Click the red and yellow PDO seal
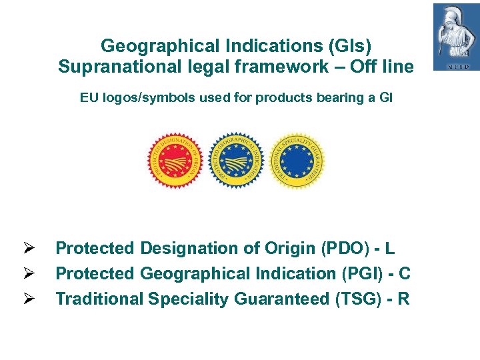pyautogui.click(x=175, y=161)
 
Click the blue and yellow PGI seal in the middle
pyautogui.click(x=237, y=161)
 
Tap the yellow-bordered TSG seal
pyautogui.click(x=297, y=161)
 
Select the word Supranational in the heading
pyautogui.click(x=112, y=67)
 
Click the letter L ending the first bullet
pyautogui.click(x=390, y=249)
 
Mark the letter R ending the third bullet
pyautogui.click(x=403, y=299)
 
